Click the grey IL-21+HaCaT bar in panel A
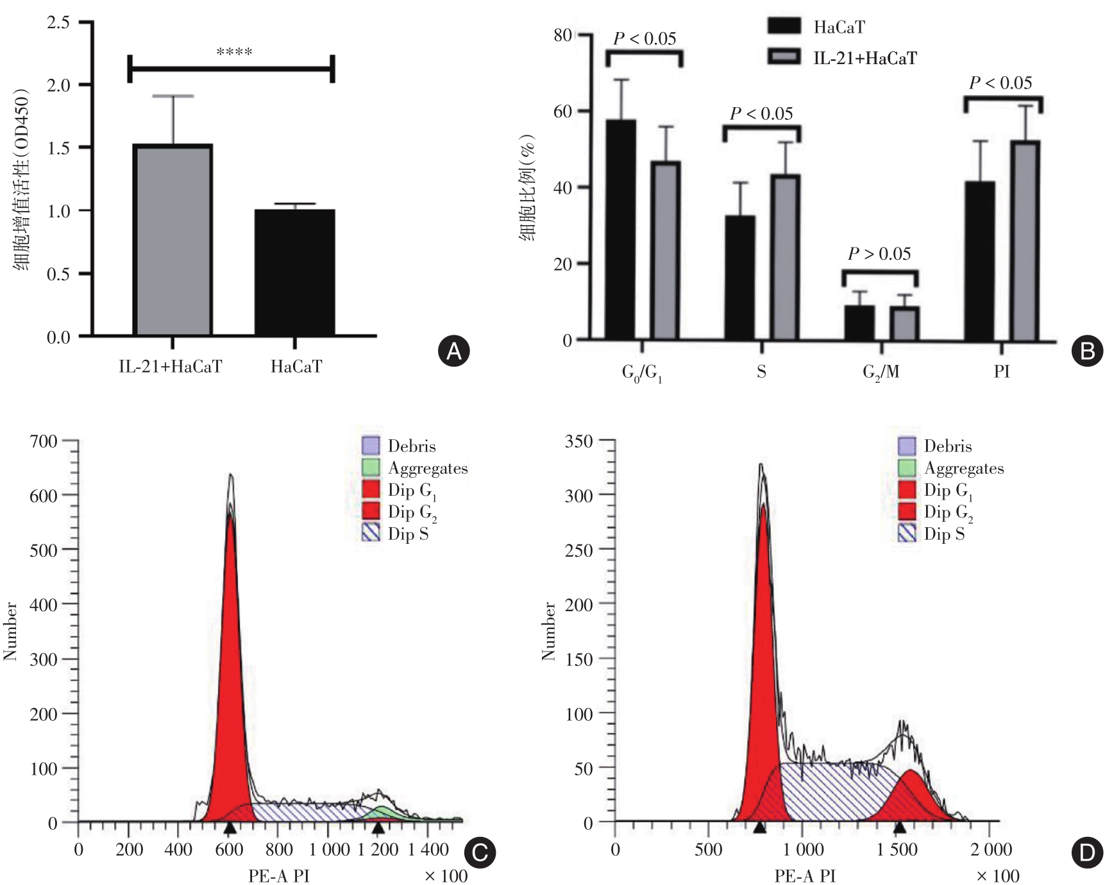click(173, 240)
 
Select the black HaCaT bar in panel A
click(294, 273)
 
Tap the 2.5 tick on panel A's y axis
click(58, 23)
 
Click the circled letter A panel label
click(453, 351)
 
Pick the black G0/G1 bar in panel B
click(620, 230)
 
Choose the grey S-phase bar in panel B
click(786, 257)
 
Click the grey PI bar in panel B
click(1025, 240)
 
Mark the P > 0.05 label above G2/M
click(879, 255)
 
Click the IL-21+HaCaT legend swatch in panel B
click(784, 58)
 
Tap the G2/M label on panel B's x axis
click(881, 373)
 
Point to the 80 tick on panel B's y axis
click(562, 35)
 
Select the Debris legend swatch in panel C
click(371, 446)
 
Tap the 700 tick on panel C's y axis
click(44, 441)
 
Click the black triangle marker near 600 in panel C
click(230, 829)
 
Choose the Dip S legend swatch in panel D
click(907, 534)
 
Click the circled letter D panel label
click(1087, 853)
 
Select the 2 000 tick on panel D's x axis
click(991, 850)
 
